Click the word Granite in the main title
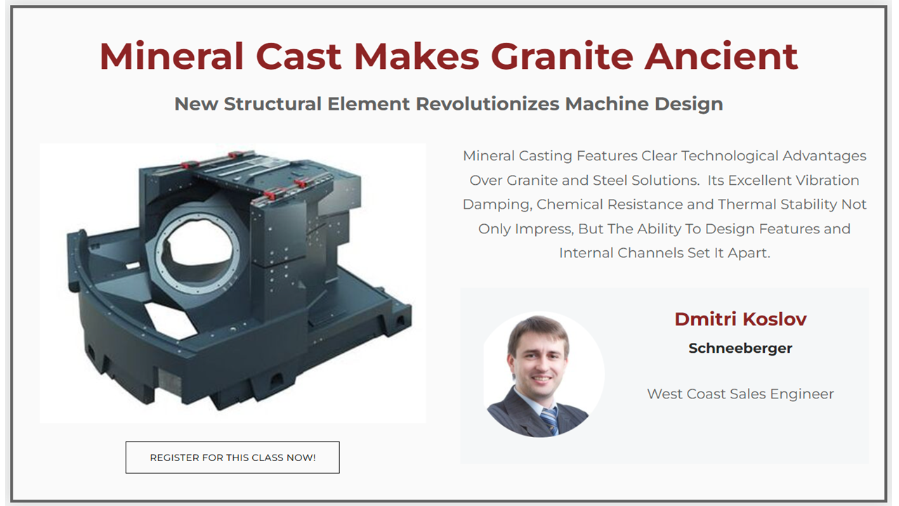562,56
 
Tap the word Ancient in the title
721,56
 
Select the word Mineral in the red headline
172,56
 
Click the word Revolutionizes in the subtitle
487,104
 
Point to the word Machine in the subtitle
607,104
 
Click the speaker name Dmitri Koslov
740,319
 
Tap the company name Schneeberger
740,348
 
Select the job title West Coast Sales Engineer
740,394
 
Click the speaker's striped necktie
549,420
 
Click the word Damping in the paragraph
497,205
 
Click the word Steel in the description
610,181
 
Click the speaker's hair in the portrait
538,332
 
